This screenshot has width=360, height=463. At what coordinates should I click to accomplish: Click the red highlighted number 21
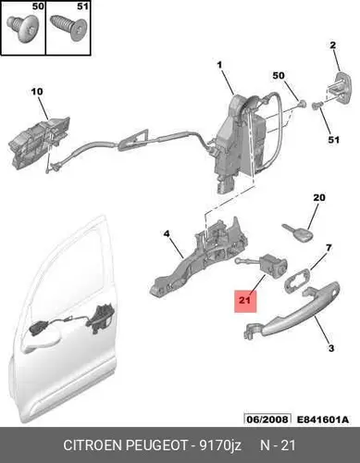[x=245, y=301]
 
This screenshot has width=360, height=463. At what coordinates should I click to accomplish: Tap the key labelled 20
[x=298, y=232]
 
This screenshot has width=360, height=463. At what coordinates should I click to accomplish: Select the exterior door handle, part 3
[x=292, y=312]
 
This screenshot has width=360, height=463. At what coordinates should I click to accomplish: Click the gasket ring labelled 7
[x=298, y=281]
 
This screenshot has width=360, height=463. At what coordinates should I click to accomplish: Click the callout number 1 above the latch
[x=219, y=65]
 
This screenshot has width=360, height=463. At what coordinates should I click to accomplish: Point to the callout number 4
[x=167, y=234]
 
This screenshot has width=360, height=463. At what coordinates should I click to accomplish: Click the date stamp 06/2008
[x=267, y=419]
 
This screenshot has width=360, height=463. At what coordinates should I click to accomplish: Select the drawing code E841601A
[x=323, y=419]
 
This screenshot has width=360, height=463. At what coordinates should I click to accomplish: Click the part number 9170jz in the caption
[x=220, y=445]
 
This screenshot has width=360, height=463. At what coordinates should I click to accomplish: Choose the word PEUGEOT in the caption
[x=157, y=445]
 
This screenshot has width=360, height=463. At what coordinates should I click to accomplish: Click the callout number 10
[x=37, y=92]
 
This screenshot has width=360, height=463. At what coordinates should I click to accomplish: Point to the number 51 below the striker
[x=333, y=140]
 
